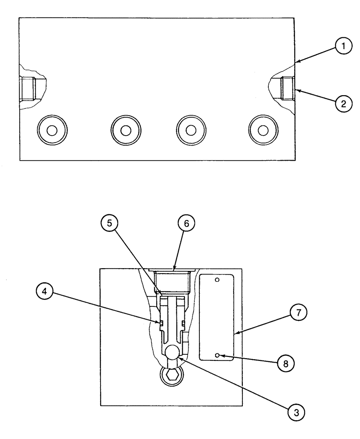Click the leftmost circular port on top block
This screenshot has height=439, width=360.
(52, 130)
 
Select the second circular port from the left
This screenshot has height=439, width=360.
(126, 130)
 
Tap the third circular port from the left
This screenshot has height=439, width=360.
(191, 130)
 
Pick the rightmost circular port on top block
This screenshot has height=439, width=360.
(263, 130)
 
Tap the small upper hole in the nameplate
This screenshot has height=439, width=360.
(216, 280)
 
